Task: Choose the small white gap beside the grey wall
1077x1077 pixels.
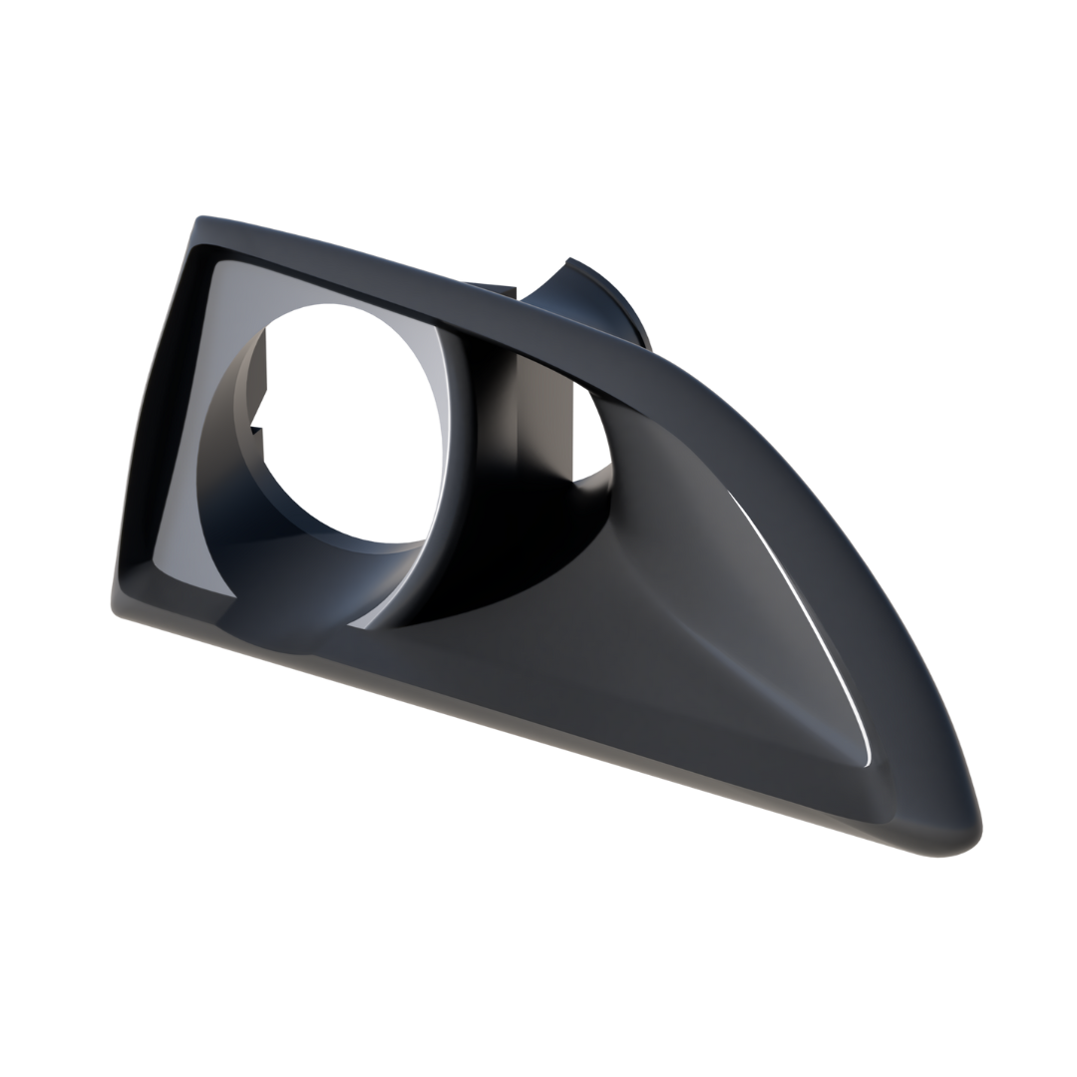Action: pos(588,429)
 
